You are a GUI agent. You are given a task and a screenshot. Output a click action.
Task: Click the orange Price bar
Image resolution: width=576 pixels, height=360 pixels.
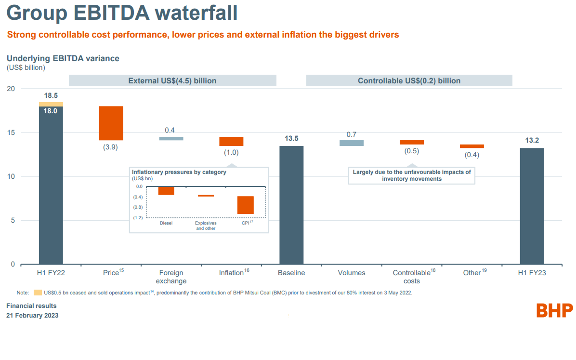[x=111, y=123]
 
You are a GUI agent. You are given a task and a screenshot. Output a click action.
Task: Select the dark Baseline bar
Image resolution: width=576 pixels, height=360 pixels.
[x=291, y=205]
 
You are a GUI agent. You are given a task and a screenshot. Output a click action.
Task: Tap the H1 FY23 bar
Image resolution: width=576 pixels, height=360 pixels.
[x=532, y=206]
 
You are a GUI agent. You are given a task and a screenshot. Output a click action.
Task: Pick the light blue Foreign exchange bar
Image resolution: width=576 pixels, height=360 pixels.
[x=171, y=138]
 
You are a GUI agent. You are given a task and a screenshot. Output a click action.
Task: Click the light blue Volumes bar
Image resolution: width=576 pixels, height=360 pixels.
[x=352, y=143]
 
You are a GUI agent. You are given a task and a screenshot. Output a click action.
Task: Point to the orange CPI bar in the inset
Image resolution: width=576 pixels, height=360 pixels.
[x=245, y=205]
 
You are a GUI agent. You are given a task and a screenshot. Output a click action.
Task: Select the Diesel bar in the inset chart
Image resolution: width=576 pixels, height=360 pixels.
[x=166, y=190]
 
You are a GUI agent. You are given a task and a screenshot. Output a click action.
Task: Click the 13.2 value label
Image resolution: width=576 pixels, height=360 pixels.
[x=532, y=140]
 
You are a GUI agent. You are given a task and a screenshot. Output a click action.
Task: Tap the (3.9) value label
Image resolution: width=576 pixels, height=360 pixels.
[x=111, y=147]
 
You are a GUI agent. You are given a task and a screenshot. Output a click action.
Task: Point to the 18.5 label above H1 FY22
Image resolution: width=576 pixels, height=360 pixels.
[x=51, y=96]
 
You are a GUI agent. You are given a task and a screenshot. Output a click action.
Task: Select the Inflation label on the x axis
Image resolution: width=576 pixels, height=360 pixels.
[x=232, y=273]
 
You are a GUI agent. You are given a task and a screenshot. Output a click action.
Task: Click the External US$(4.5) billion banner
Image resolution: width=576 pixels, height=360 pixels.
[x=172, y=80]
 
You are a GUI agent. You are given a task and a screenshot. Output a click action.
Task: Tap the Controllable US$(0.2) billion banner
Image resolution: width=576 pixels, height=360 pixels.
[x=409, y=80]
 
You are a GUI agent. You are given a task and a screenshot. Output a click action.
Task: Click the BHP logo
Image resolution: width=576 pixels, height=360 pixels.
[x=555, y=310]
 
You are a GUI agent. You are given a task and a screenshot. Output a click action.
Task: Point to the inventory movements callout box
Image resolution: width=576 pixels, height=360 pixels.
[x=412, y=175]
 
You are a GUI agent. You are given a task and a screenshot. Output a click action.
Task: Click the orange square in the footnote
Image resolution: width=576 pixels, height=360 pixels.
[x=38, y=293]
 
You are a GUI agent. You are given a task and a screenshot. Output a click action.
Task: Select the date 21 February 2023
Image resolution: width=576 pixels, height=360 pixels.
[x=32, y=316]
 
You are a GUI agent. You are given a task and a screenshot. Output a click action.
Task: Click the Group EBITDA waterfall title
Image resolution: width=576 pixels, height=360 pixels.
[x=122, y=13]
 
